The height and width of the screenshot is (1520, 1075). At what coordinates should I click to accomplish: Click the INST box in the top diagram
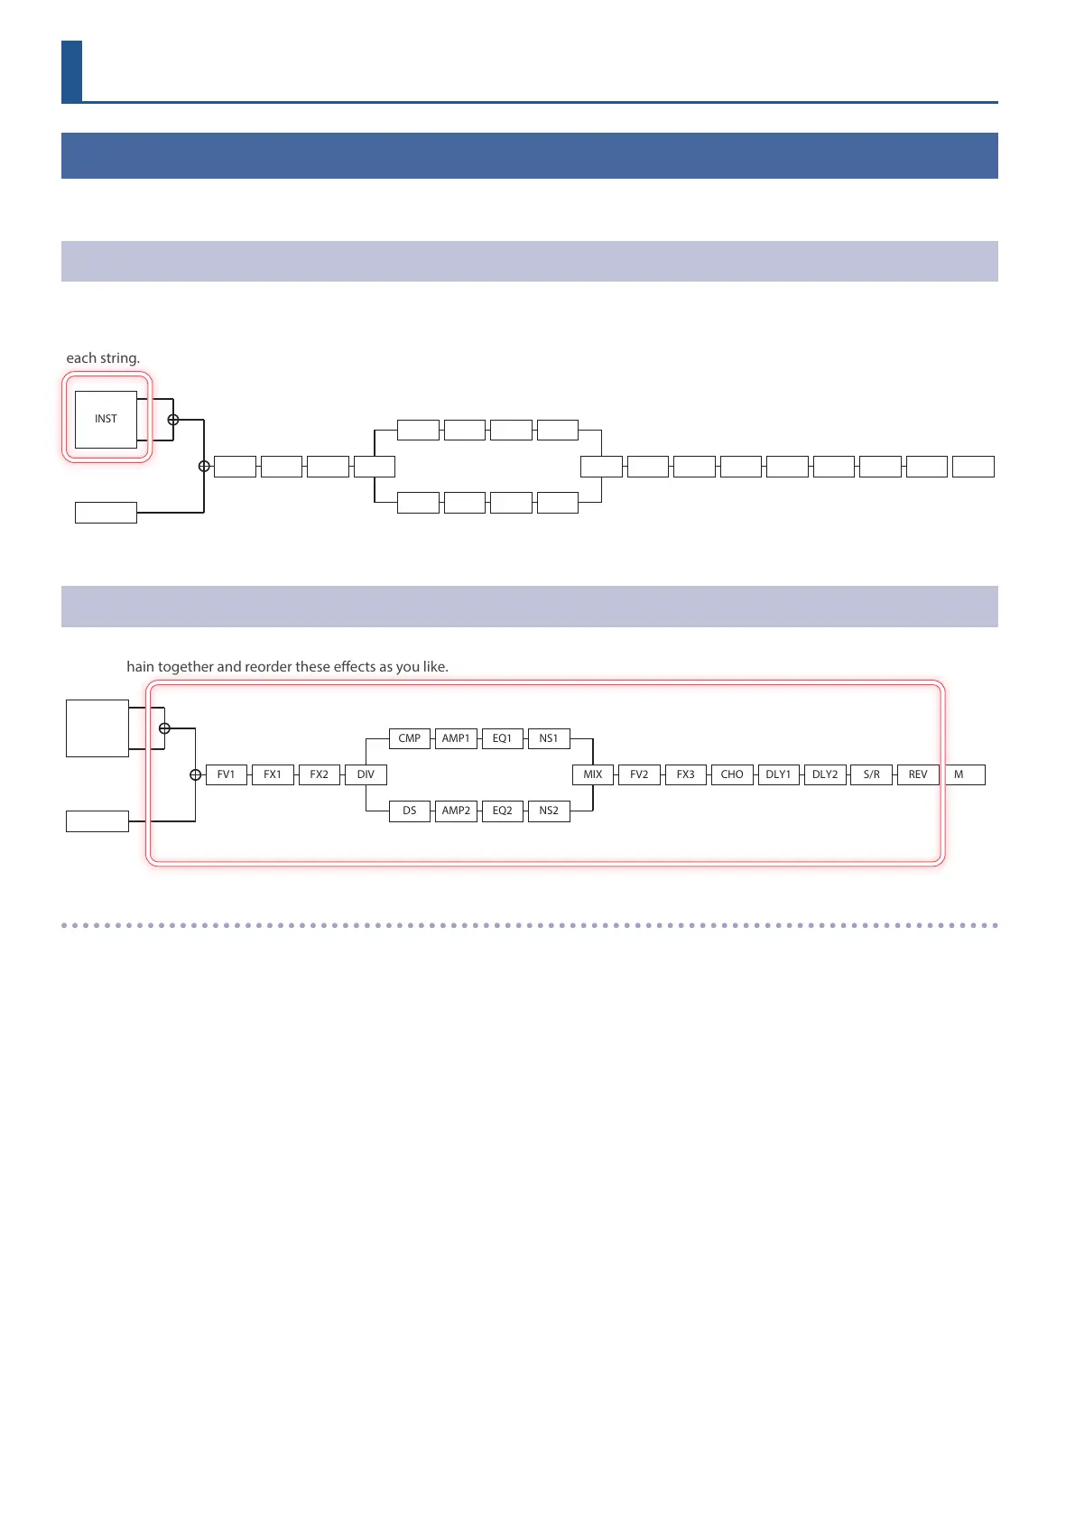click(x=106, y=419)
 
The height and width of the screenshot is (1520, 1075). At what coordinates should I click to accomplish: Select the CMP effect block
click(x=410, y=738)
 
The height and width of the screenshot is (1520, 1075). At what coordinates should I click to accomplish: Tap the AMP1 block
click(x=456, y=738)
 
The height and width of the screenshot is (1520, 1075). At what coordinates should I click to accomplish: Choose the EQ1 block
click(x=503, y=738)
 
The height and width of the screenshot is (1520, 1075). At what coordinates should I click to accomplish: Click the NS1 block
click(x=549, y=738)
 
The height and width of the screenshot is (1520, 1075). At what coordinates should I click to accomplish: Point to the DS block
click(x=410, y=811)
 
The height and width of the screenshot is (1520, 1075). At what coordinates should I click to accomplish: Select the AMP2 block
click(x=456, y=811)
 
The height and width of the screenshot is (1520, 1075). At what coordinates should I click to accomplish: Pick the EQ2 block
click(x=503, y=811)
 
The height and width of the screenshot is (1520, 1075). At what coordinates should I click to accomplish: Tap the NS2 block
click(x=549, y=811)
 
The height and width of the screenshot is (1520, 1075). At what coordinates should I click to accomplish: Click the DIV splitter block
click(x=366, y=774)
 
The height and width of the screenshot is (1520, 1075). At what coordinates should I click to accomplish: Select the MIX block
click(x=593, y=774)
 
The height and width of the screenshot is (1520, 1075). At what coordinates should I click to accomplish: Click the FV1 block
click(x=227, y=774)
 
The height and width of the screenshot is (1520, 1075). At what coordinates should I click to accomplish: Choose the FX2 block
click(x=320, y=774)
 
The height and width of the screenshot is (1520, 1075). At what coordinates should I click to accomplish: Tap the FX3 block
click(x=686, y=774)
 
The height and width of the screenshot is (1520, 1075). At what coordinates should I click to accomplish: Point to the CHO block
click(x=732, y=774)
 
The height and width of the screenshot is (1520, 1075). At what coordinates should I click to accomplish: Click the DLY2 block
click(x=825, y=774)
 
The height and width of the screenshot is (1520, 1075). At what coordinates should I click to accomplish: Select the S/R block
click(x=872, y=774)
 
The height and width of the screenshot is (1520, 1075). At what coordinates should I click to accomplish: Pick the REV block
click(x=918, y=774)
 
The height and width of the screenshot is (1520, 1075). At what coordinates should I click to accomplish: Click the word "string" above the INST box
click(x=120, y=358)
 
